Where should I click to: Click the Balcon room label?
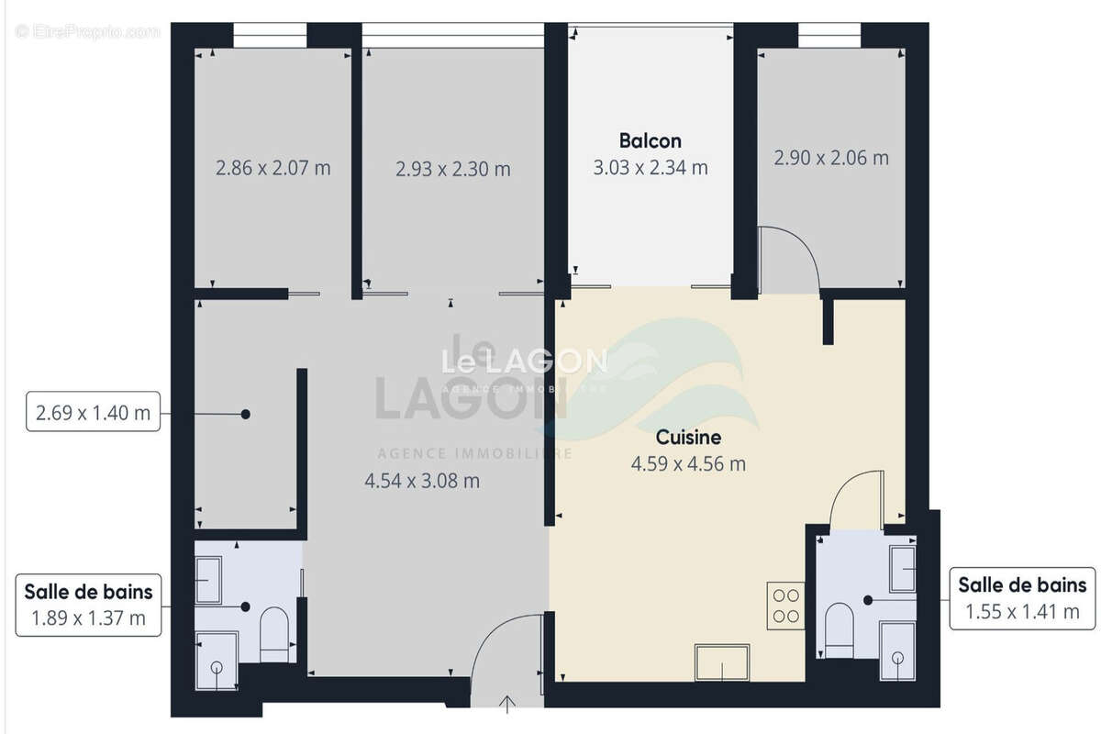tap(650, 141)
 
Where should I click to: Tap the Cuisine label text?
tap(688, 438)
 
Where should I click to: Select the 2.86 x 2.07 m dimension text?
tap(272, 168)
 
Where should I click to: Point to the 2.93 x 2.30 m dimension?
tap(452, 169)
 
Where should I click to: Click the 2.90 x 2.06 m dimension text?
tap(831, 158)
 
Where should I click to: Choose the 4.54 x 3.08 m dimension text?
tap(422, 480)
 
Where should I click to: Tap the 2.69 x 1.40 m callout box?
tap(93, 413)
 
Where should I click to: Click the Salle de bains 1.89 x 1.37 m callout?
tap(88, 603)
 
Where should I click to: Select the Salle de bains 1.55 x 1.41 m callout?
tap(1022, 598)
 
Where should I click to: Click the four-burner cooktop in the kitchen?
tap(785, 606)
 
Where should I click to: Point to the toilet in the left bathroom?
tap(274, 635)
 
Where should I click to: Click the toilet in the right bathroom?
tap(839, 629)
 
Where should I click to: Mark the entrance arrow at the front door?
tap(507, 704)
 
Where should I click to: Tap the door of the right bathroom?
tap(858, 500)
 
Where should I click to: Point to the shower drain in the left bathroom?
tap(217, 667)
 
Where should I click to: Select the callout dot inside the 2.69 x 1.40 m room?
tap(245, 414)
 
